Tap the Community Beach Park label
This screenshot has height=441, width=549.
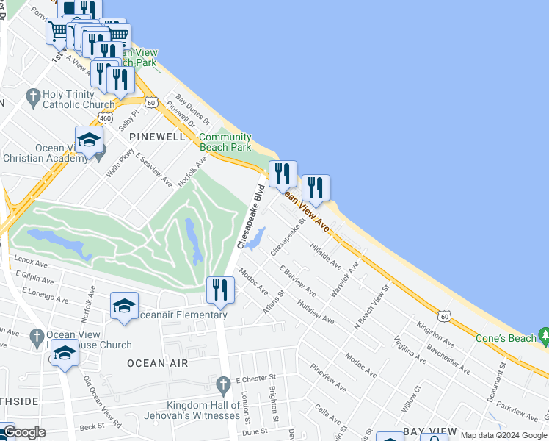(225, 142)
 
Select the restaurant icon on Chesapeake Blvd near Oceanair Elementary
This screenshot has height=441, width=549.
(220, 290)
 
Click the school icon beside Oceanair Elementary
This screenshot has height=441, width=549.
(124, 306)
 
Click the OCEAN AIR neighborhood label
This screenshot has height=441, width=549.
(157, 363)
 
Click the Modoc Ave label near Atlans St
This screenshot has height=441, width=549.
(253, 281)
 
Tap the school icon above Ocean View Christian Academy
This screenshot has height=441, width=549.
(89, 139)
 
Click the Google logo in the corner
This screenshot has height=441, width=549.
(23, 433)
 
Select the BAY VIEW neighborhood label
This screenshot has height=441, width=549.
(430, 431)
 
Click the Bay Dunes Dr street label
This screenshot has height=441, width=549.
(193, 110)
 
